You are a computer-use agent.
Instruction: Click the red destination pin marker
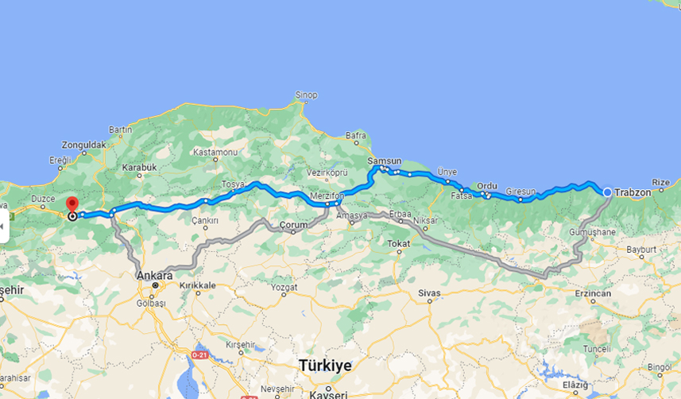click(x=72, y=205)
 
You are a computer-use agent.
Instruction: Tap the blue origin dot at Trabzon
click(x=607, y=192)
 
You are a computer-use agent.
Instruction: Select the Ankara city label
click(x=155, y=275)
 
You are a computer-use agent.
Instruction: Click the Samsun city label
click(x=385, y=161)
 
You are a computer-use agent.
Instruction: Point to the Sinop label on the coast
click(x=306, y=95)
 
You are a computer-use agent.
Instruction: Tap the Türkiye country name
click(x=325, y=365)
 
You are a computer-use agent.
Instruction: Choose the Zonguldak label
click(x=83, y=145)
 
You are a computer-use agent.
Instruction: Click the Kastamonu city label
click(x=215, y=151)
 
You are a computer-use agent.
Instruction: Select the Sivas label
click(x=429, y=293)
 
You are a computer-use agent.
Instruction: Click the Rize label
click(x=661, y=182)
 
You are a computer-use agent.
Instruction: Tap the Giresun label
click(x=521, y=192)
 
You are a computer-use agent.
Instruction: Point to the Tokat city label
click(x=398, y=243)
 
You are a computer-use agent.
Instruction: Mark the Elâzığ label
click(x=575, y=385)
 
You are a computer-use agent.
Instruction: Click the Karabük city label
click(x=139, y=168)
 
